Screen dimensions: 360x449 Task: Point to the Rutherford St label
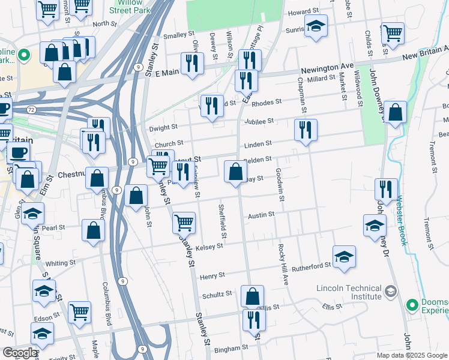(312, 265)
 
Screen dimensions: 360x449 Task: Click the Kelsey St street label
(209, 246)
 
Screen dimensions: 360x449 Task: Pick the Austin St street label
(261, 214)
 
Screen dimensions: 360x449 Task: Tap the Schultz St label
(217, 294)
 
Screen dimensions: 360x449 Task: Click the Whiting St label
(61, 263)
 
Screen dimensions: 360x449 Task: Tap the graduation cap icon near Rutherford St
(344, 256)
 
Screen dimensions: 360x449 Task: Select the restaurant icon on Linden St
(306, 130)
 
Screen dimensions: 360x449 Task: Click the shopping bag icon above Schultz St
(252, 296)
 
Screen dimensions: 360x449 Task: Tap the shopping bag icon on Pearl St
(93, 232)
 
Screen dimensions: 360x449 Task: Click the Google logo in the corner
(19, 353)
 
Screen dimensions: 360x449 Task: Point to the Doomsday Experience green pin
(412, 305)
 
